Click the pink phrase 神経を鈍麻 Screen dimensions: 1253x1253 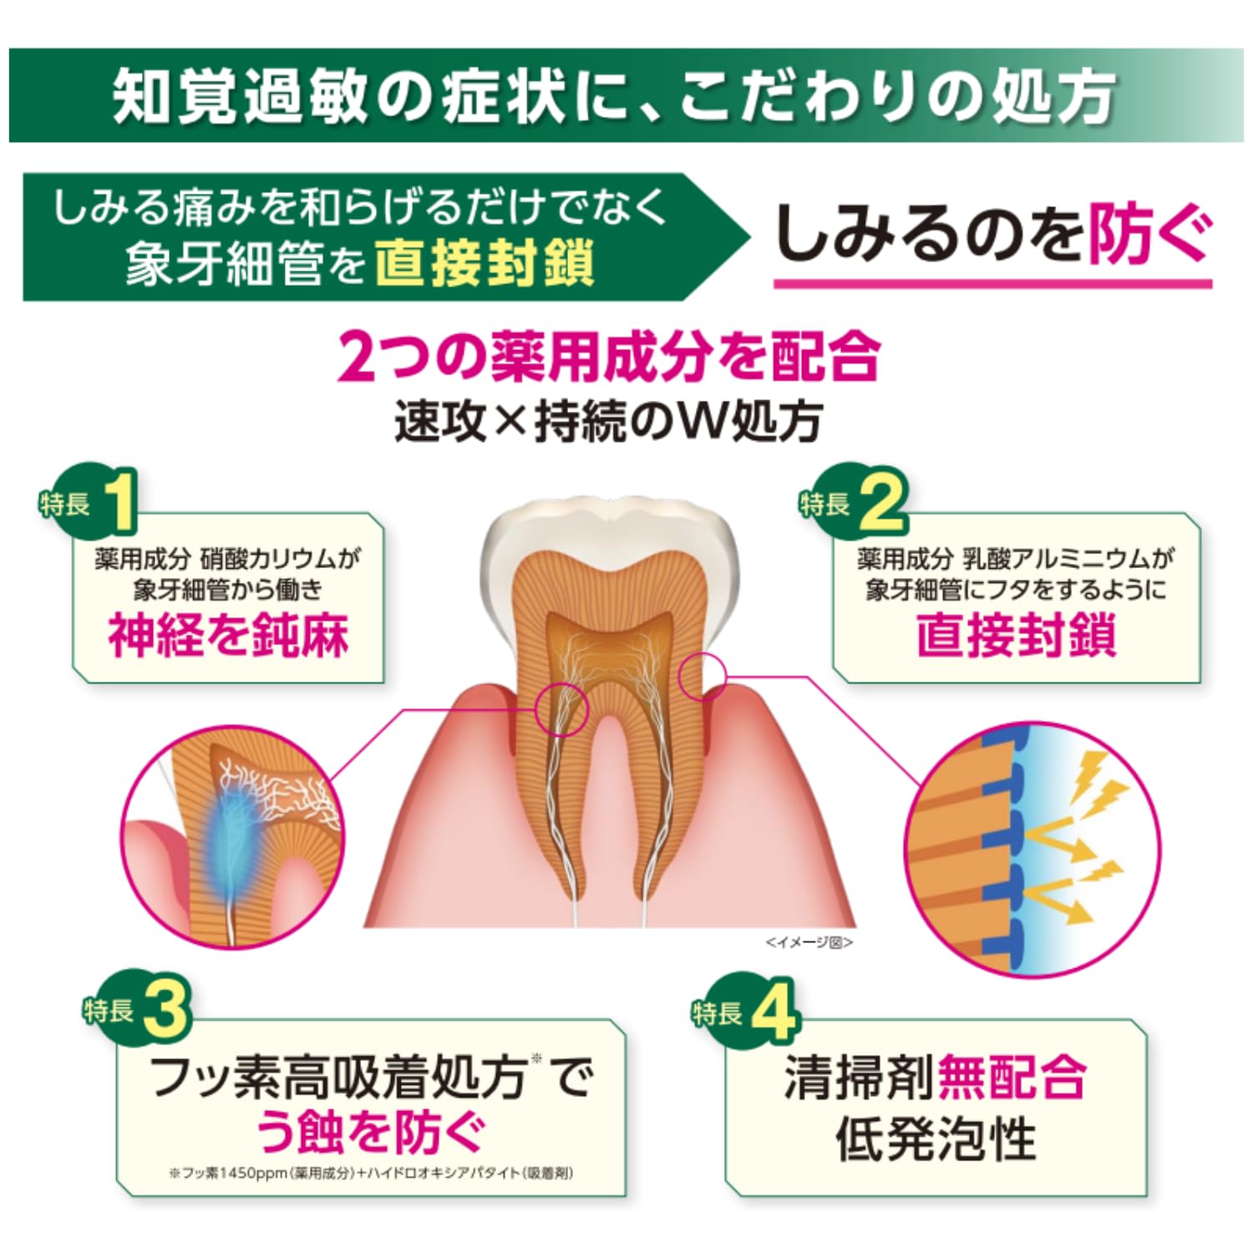(228, 637)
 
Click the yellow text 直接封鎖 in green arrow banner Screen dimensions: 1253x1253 (484, 262)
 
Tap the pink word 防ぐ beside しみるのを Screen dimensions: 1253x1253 (1149, 234)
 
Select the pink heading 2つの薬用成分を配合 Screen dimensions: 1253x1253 (609, 357)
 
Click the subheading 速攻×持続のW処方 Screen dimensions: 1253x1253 (609, 420)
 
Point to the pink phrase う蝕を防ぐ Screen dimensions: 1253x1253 (370, 1131)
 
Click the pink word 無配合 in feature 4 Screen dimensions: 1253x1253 (1012, 1078)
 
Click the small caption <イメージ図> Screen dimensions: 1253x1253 (809, 942)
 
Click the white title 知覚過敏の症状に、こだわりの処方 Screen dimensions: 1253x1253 (614, 96)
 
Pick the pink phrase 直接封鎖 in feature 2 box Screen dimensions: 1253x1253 (1017, 637)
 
